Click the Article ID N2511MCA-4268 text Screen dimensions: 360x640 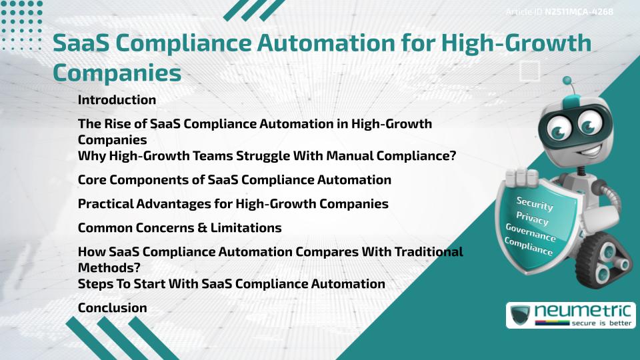559,11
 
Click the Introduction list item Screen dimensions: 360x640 117,100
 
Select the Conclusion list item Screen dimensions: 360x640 112,308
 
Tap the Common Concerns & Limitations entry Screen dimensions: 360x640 179,228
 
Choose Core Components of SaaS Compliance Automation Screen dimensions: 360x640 234,180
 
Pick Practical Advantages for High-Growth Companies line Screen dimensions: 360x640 233,204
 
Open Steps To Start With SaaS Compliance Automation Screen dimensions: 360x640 231,284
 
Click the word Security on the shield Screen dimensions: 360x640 534,203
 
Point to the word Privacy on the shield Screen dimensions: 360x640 532,219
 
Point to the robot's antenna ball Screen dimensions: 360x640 567,81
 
